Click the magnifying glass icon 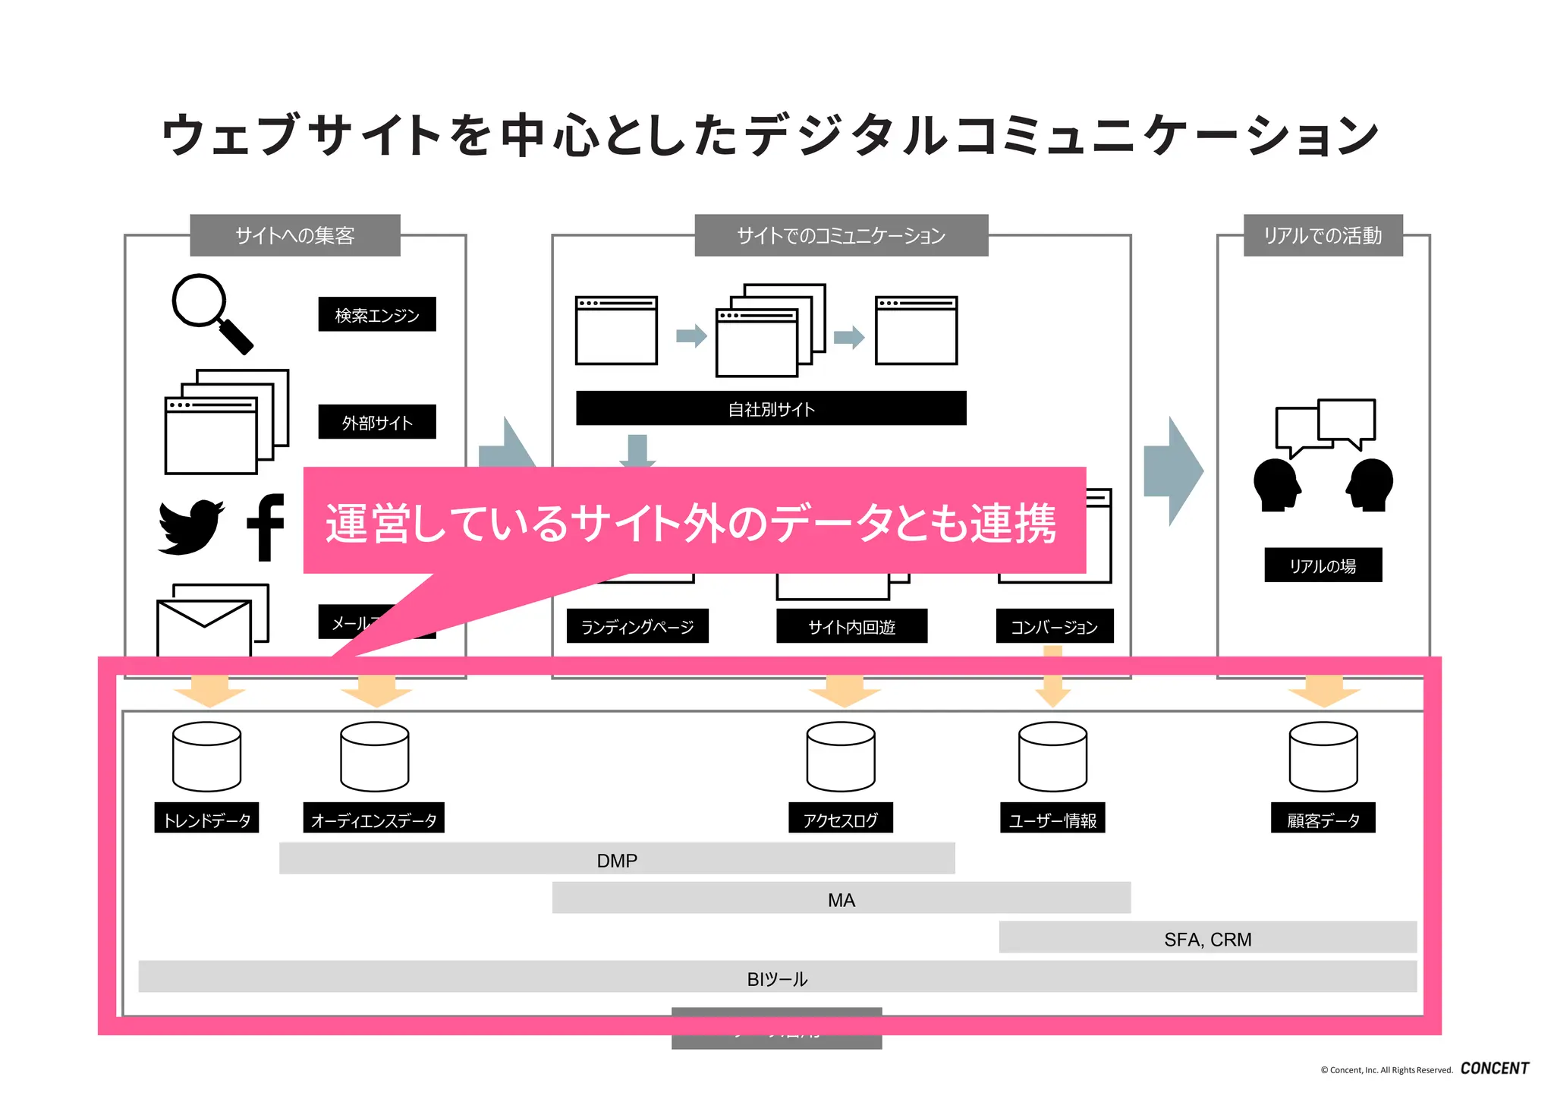[x=209, y=311]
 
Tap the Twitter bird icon [x=190, y=527]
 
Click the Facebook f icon [x=265, y=527]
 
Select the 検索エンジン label [x=376, y=314]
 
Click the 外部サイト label [x=376, y=422]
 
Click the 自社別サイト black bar [x=770, y=408]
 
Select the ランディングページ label [x=637, y=626]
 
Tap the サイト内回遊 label [x=851, y=626]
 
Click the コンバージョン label [x=1054, y=626]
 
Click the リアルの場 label [x=1323, y=565]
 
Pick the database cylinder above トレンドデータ [x=206, y=757]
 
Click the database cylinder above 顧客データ [x=1323, y=757]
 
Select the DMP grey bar [x=616, y=859]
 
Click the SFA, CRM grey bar [x=1207, y=938]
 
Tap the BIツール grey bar [x=777, y=978]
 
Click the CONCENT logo [x=1494, y=1068]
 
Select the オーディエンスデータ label [x=373, y=819]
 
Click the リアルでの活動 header [x=1323, y=235]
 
